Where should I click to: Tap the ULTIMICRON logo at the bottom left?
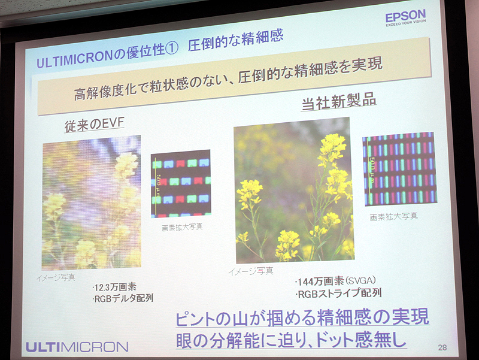coord(77,346)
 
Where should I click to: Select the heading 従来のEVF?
coord(95,125)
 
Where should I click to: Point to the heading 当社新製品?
coord(338,101)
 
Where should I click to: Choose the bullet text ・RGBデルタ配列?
coord(123,298)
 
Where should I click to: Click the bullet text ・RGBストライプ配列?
coord(338,294)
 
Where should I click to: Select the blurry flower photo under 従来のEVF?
coord(91,202)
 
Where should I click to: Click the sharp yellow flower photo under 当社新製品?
coord(293,190)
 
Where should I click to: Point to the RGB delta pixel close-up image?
coord(181,183)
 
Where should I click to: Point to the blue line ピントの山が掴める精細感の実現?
coord(302,317)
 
